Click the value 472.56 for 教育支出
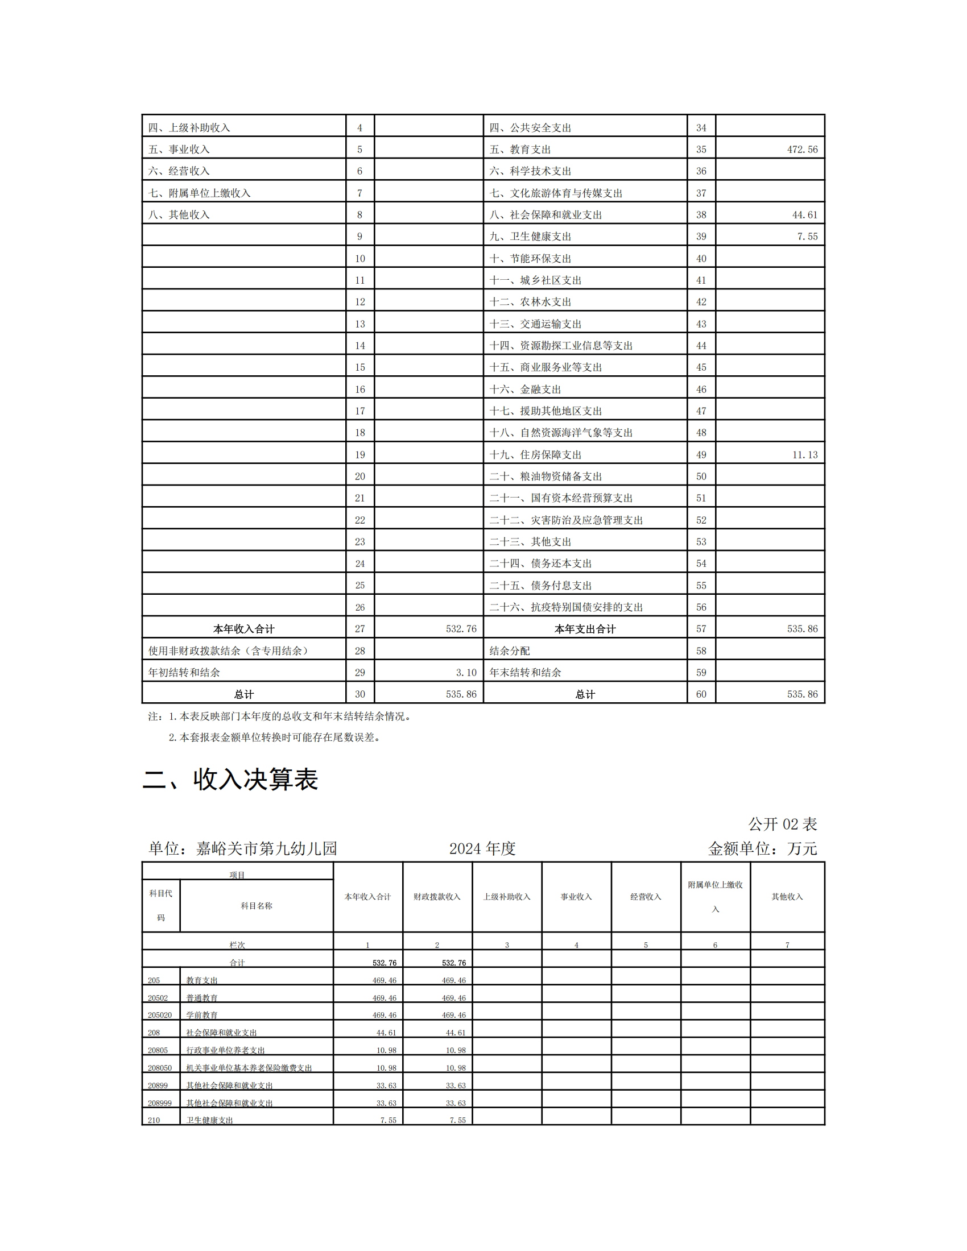801,150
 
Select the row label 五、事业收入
179,150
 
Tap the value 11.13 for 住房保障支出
804,455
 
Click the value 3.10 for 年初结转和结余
466,673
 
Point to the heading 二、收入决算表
230,780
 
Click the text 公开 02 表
782,825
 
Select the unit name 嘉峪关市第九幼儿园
266,848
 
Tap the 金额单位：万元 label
762,848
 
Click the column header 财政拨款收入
437,897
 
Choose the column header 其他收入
787,897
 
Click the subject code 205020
160,1015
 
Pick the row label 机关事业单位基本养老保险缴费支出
249,1068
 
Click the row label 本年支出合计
585,629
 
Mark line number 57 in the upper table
701,629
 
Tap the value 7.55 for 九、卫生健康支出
807,237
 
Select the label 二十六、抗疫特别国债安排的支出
566,607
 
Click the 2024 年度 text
482,848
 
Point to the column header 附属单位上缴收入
715,896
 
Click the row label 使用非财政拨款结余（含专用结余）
229,651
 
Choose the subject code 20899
158,1086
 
